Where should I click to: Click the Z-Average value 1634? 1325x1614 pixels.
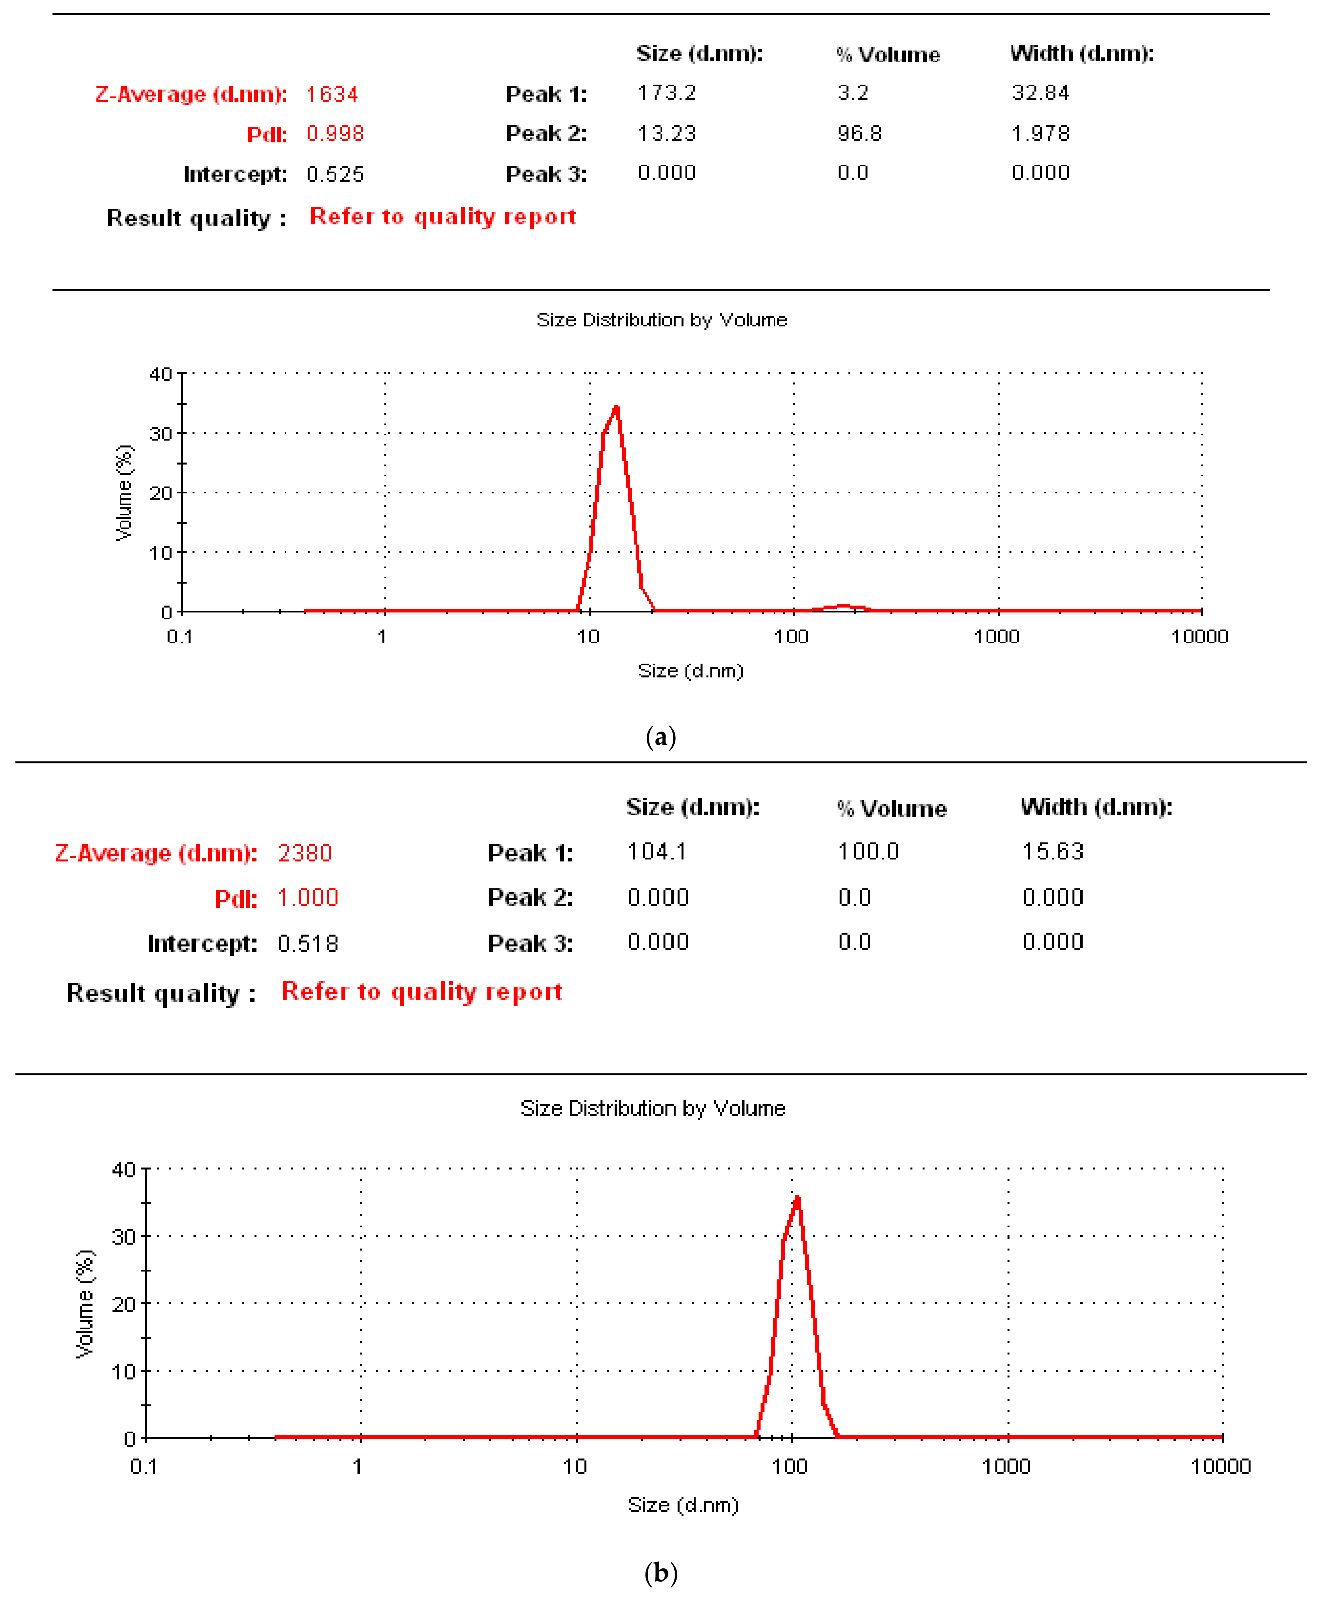332,94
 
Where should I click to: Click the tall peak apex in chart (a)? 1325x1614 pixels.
617,408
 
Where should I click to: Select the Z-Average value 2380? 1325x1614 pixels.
305,853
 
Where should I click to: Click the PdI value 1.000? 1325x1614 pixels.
308,898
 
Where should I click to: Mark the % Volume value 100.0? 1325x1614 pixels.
868,851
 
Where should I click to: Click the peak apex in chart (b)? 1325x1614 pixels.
798,1198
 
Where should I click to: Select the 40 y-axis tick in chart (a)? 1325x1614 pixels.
160,374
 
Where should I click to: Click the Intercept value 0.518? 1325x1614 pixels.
308,944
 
